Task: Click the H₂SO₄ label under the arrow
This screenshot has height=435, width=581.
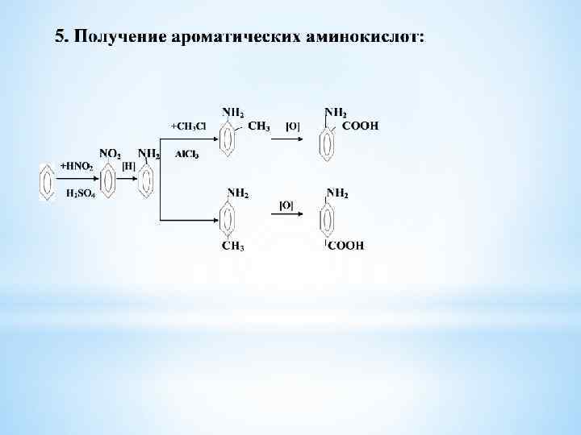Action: [78, 193]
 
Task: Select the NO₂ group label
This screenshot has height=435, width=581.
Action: [110, 152]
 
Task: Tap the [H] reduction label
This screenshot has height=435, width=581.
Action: [128, 166]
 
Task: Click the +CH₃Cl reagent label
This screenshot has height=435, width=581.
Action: [188, 126]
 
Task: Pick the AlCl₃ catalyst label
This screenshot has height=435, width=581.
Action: [187, 154]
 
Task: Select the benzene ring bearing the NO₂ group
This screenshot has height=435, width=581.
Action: [108, 180]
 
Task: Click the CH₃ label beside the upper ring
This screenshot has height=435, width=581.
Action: [259, 126]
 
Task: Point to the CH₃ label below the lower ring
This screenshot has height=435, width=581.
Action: [234, 246]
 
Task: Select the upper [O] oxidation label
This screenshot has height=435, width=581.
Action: [293, 126]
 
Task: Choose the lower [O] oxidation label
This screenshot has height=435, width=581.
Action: [286, 205]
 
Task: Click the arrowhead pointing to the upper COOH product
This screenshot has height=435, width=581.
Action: [300, 139]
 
